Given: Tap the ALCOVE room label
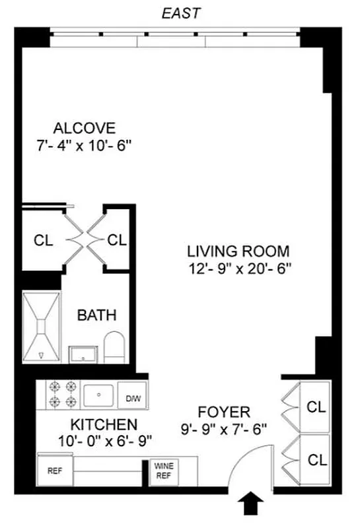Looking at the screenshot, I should [85, 128].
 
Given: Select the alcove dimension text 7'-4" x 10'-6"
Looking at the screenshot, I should [85, 145].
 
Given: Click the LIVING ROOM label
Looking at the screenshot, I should [238, 251].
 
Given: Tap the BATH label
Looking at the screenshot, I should [97, 315].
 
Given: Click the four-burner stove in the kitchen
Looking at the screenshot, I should [62, 395].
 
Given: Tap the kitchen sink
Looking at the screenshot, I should [99, 395].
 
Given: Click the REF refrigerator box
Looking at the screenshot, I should [54, 471].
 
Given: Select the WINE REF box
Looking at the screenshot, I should [163, 471].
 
